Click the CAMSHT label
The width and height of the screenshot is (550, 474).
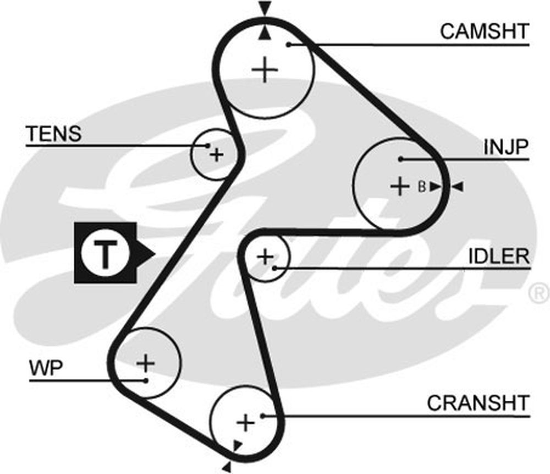(x=484, y=31)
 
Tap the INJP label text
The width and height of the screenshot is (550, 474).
(x=506, y=147)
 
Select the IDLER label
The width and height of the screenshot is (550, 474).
(x=499, y=256)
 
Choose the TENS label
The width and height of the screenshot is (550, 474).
(x=53, y=133)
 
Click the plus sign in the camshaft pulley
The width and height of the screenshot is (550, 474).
(x=266, y=70)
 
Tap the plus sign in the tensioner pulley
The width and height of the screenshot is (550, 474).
(x=217, y=155)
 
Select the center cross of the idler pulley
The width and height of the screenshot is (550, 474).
(x=265, y=256)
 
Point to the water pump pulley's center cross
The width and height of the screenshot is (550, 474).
(x=146, y=362)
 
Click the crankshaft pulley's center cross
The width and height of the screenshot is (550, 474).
(x=245, y=423)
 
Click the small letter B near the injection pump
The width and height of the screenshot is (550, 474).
(x=421, y=187)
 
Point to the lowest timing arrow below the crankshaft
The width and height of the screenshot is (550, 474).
(x=226, y=467)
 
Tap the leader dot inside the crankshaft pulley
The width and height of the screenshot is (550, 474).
(x=264, y=416)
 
